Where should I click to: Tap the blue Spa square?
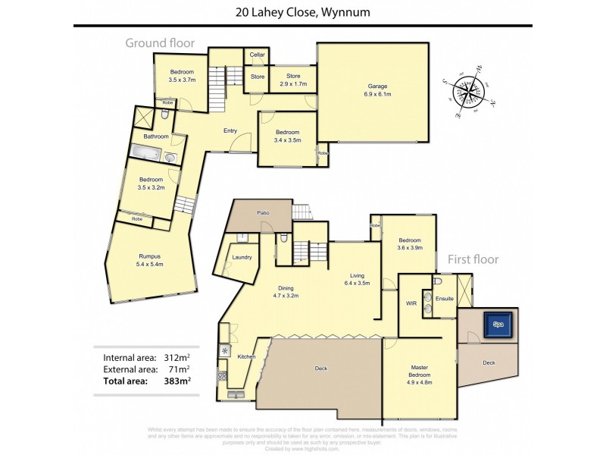[498, 324]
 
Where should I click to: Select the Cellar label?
[258, 54]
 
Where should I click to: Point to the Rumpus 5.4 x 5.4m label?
[150, 260]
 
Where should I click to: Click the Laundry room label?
[242, 257]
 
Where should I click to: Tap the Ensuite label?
[444, 299]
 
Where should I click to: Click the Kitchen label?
[247, 356]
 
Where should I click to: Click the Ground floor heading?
[160, 43]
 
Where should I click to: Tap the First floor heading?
[473, 259]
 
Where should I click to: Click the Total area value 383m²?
[177, 381]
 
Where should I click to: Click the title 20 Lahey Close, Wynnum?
[303, 11]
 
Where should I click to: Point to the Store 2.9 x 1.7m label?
[292, 79]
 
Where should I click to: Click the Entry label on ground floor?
[231, 130]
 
